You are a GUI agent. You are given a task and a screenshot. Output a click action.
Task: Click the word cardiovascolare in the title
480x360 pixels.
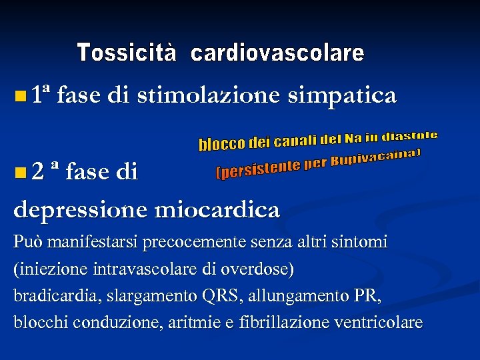tap(277, 53)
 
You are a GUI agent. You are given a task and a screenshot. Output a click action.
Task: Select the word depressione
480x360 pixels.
tap(80, 211)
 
